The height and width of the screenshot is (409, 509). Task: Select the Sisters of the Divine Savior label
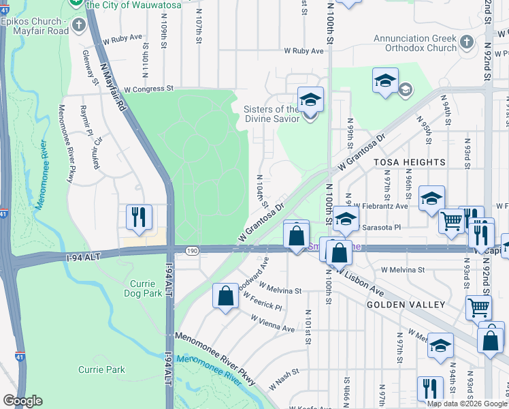[271, 115]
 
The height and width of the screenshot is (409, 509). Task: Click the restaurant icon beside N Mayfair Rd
[138, 217]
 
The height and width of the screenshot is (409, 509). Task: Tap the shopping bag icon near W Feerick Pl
[225, 296]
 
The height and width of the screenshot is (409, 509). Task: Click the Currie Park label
[101, 369]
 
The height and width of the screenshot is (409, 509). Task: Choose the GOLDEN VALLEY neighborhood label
[406, 305]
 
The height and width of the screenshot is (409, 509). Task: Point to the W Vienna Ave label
[272, 323]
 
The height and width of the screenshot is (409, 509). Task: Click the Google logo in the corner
[22, 401]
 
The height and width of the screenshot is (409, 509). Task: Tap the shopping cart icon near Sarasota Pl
[452, 221]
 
